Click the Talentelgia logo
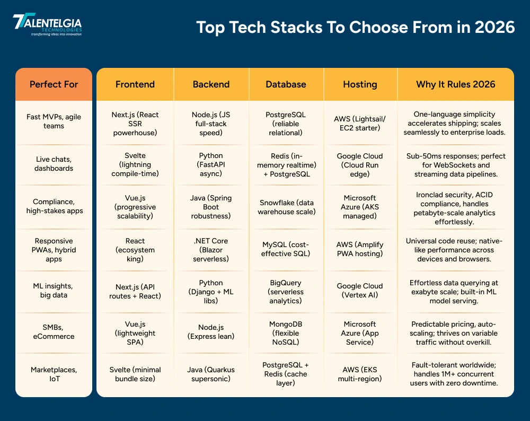pyautogui.click(x=47, y=24)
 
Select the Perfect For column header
pyautogui.click(x=54, y=84)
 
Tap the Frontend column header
pyautogui.click(x=135, y=84)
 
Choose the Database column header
pyautogui.click(x=286, y=84)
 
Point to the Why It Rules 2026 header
pyautogui.click(x=455, y=84)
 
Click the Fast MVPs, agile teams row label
pyautogui.click(x=54, y=121)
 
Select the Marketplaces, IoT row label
pyautogui.click(x=54, y=374)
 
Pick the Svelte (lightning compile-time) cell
pyautogui.click(x=135, y=164)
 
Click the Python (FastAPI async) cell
pyautogui.click(x=211, y=164)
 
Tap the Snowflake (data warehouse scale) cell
pyautogui.click(x=286, y=207)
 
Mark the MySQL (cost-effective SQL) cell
pyautogui.click(x=286, y=249)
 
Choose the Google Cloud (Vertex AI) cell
pyautogui.click(x=360, y=291)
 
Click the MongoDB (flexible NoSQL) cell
pyautogui.click(x=286, y=333)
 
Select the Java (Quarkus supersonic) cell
pyautogui.click(x=211, y=374)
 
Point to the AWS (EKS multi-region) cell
pyautogui.click(x=360, y=374)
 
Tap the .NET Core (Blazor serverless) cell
pyautogui.click(x=211, y=249)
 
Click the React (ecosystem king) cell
pyautogui.click(x=135, y=249)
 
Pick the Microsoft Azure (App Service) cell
pyautogui.click(x=360, y=333)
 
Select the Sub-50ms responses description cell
pyautogui.click(x=455, y=164)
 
